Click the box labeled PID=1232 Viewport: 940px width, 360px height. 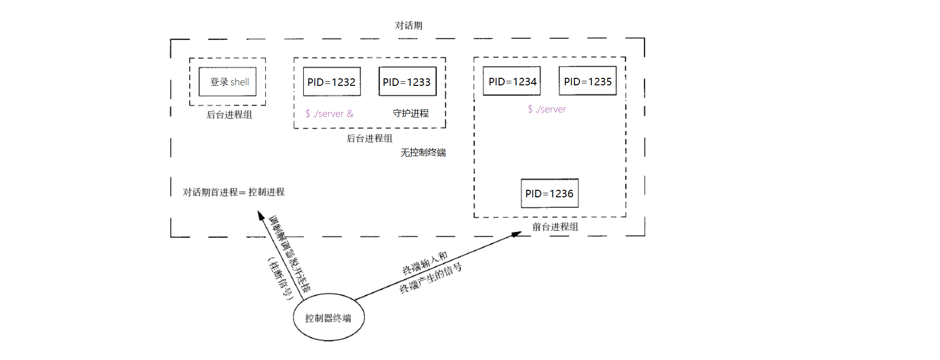(331, 82)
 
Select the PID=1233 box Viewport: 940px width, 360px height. (407, 82)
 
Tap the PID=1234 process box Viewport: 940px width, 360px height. (512, 81)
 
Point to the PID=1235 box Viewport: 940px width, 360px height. (587, 81)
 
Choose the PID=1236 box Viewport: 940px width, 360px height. (549, 193)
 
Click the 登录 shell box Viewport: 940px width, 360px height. (227, 82)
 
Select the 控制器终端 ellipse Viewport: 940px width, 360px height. (328, 317)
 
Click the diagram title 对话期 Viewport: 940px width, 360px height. (408, 26)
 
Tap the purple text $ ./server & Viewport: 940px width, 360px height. (329, 114)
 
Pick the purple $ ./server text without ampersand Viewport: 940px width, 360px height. (547, 109)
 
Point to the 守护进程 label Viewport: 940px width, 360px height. (411, 113)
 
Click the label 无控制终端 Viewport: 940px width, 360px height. (423, 153)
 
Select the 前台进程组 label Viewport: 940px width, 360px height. (555, 227)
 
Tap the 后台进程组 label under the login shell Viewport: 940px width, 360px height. (229, 115)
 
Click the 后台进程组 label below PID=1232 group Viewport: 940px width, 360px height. (370, 139)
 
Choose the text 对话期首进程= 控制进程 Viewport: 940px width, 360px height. (233, 192)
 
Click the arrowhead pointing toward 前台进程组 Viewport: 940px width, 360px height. (517, 234)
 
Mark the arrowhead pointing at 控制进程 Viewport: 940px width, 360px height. (261, 215)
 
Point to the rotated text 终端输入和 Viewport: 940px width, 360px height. (425, 263)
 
